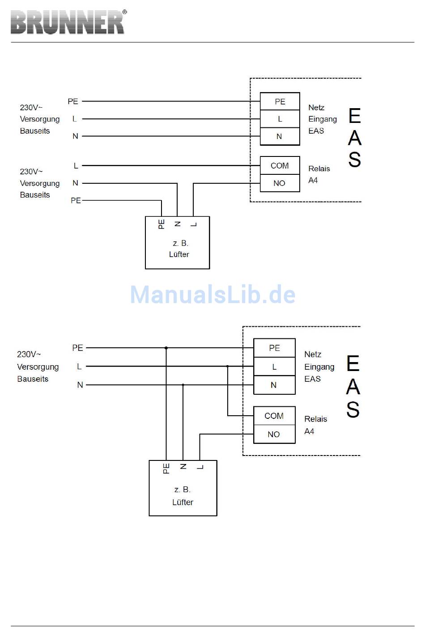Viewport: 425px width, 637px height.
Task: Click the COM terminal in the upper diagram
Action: coord(280,165)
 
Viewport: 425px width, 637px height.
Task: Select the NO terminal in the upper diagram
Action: coord(280,183)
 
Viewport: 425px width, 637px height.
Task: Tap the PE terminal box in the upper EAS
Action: coord(280,101)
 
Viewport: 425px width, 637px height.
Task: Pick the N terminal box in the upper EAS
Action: coord(280,136)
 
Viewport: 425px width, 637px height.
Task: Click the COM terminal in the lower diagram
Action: coord(274,416)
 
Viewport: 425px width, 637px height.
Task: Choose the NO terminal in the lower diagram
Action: coord(274,434)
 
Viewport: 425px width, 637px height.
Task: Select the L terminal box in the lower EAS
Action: coord(274,367)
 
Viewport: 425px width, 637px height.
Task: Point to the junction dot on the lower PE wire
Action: coord(166,348)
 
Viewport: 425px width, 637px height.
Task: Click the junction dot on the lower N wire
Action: coord(183,385)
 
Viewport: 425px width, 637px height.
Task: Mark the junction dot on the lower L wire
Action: coord(227,366)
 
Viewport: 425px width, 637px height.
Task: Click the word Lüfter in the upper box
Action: coord(179,254)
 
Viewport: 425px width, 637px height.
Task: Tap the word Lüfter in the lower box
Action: coord(183,502)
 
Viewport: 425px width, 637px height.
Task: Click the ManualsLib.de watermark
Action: coord(212,294)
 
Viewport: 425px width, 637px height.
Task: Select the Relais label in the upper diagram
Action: coord(319,169)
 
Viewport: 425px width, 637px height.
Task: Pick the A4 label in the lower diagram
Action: coord(309,431)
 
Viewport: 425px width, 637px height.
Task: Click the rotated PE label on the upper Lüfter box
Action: coord(161,224)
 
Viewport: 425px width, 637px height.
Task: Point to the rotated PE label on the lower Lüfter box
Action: coord(166,468)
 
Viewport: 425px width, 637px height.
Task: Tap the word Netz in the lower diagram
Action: coord(313,354)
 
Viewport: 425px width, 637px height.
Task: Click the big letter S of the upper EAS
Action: coord(355,160)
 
